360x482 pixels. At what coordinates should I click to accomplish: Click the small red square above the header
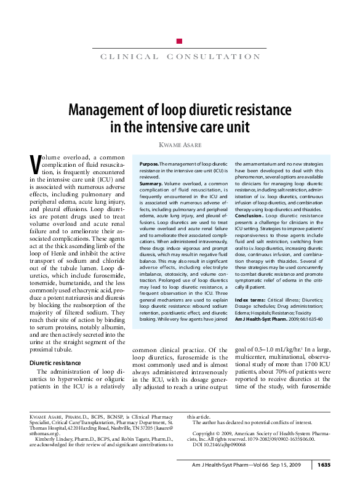(x=179, y=41)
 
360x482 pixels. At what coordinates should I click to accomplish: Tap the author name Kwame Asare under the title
(x=180, y=144)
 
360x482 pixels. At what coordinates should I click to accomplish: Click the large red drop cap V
(x=35, y=164)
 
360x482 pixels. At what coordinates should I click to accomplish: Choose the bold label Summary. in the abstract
(x=151, y=183)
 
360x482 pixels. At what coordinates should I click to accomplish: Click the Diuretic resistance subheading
(x=55, y=363)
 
